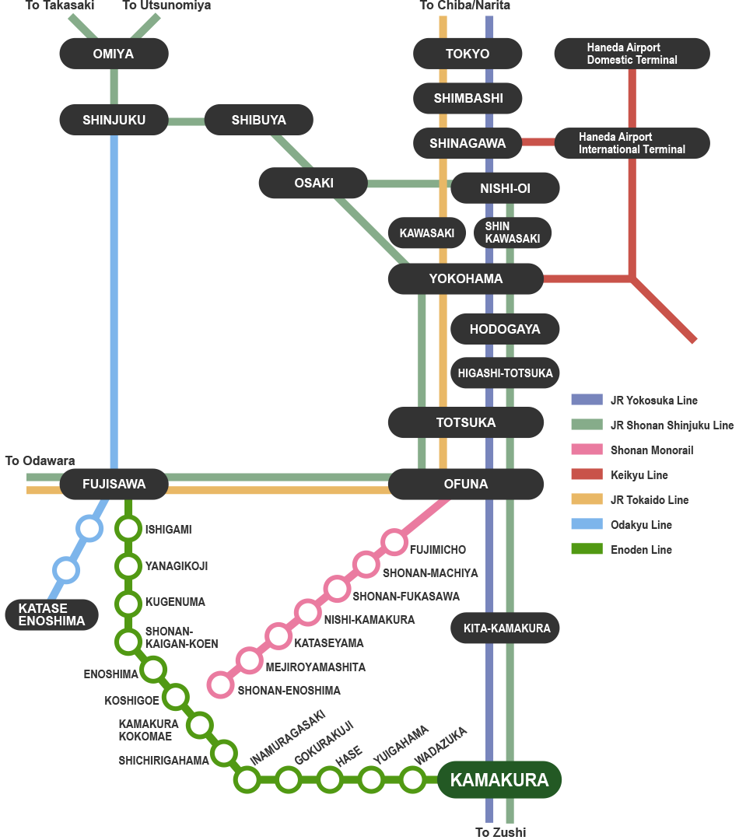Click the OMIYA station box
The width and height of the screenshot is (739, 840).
(114, 54)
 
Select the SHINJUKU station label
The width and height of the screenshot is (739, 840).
(114, 120)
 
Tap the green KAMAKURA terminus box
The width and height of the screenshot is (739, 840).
(499, 779)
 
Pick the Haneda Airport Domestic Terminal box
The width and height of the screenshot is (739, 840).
(632, 54)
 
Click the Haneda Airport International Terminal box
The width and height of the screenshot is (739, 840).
(632, 143)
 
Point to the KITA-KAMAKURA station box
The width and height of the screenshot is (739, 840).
(506, 628)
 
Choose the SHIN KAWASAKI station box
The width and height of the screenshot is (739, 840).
(512, 233)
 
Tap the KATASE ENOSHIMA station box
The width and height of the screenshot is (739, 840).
(51, 614)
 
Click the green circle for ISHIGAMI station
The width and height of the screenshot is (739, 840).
(128, 529)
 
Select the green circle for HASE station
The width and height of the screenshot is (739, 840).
(330, 779)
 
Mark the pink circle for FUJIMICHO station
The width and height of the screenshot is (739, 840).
(394, 541)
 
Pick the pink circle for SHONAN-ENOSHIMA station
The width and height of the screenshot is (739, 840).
(221, 684)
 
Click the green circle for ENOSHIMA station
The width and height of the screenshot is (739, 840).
(153, 669)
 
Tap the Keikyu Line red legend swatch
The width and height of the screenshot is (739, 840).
(587, 474)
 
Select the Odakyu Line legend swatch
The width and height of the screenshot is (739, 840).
(587, 524)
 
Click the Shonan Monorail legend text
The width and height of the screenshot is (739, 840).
(651, 450)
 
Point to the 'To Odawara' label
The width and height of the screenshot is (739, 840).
(40, 461)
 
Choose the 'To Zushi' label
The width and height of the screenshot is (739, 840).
(500, 832)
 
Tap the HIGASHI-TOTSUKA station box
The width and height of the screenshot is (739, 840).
(506, 373)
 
